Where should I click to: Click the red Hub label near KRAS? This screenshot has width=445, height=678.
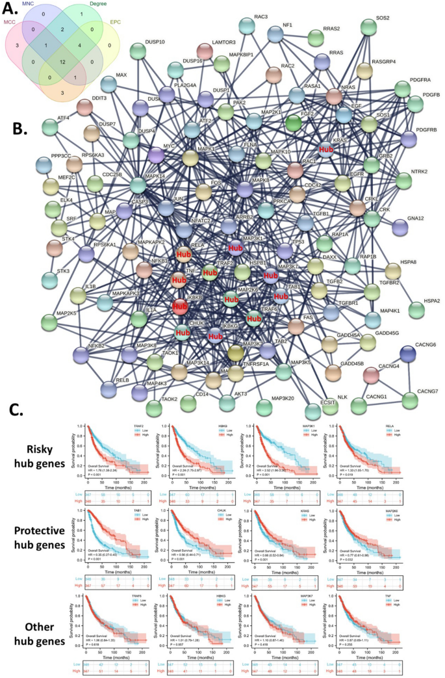click(x=326, y=149)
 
